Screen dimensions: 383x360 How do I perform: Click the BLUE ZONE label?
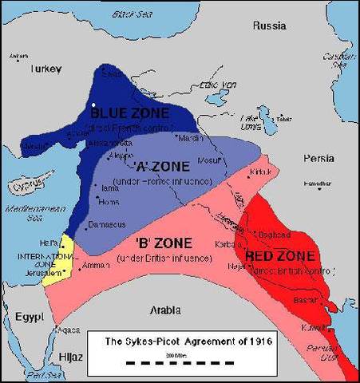coord(135,114)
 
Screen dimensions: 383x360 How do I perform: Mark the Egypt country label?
coord(28,318)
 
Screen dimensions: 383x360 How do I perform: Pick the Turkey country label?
coord(46,69)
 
